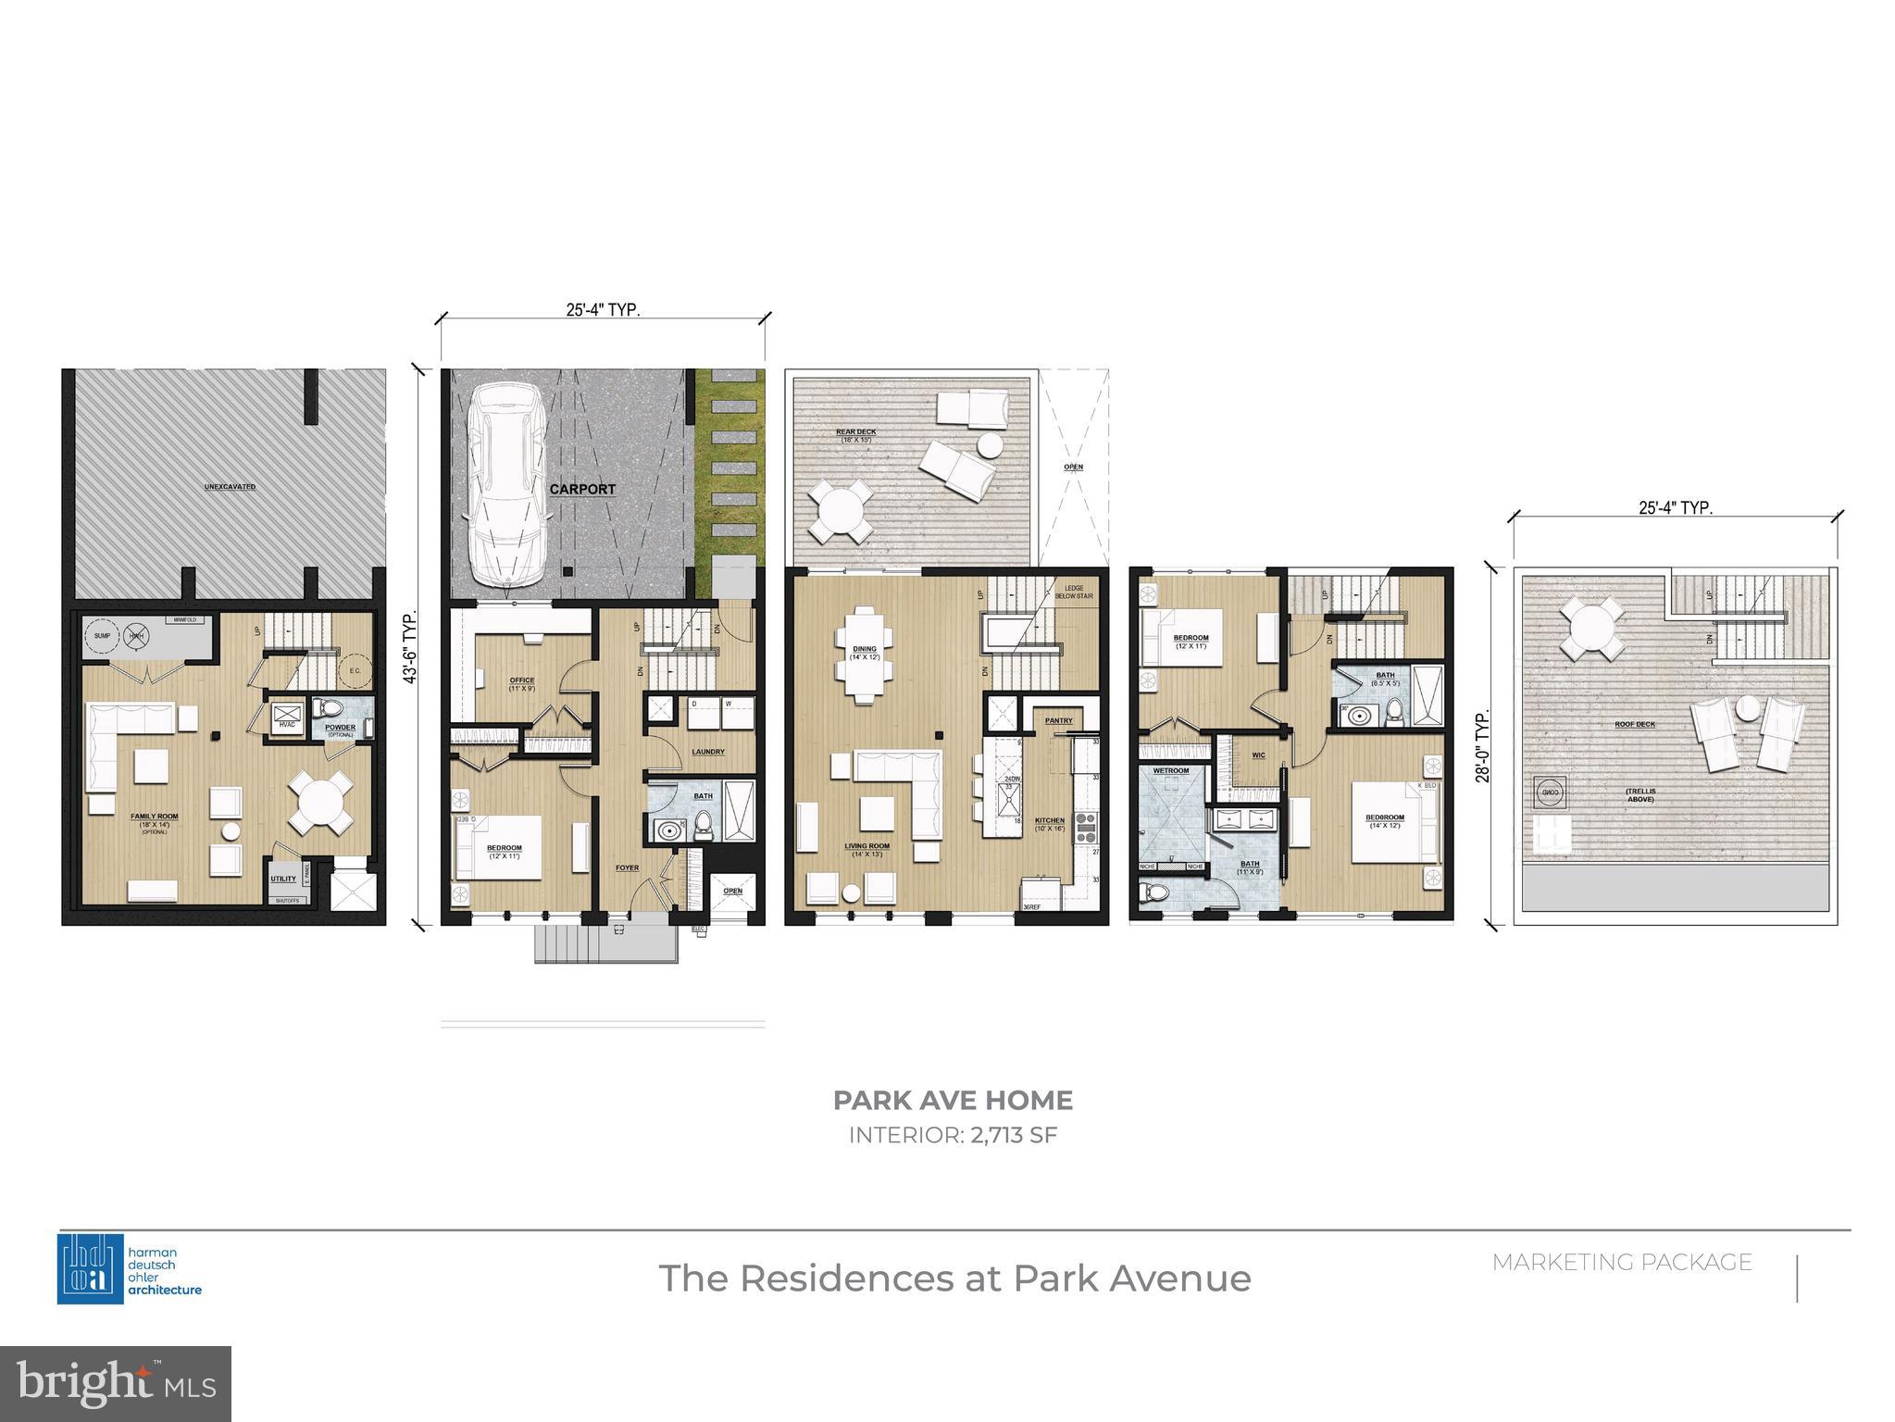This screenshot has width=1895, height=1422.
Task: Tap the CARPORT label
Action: tap(582, 490)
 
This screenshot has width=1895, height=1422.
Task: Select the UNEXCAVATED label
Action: tap(230, 487)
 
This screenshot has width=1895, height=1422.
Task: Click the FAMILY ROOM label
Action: tap(154, 817)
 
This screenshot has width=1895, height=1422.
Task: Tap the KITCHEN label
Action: tap(1050, 820)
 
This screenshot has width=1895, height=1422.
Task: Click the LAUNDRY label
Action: tap(708, 752)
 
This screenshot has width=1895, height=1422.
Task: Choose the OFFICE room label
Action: tap(521, 681)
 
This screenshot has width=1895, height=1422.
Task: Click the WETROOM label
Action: tap(1170, 770)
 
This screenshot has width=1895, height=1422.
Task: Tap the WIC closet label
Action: tap(1258, 755)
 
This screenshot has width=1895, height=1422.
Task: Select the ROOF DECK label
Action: tap(1635, 724)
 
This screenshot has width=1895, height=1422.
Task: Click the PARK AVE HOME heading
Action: tap(953, 1101)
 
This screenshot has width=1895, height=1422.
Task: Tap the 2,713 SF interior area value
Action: tap(1014, 1135)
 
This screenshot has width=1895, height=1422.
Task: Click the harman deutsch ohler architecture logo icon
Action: tap(91, 1268)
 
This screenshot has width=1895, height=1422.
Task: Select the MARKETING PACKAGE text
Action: tap(1622, 1263)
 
